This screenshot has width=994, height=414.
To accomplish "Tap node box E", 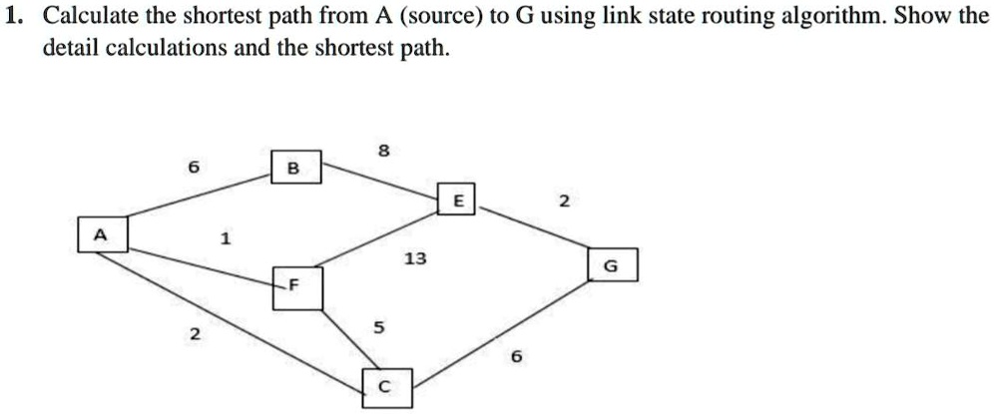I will tap(457, 200).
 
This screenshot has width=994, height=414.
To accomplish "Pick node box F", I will tap(292, 288).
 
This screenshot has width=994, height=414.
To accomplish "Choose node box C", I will tap(386, 388).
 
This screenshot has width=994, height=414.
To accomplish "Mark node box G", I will tap(611, 265).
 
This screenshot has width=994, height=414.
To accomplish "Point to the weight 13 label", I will tap(414, 259).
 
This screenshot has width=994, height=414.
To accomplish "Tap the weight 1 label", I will tap(226, 238).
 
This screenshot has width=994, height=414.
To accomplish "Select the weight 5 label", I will tap(377, 327).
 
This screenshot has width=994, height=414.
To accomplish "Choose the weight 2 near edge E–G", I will tap(564, 202).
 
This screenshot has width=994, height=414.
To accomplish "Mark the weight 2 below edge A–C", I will tap(195, 333).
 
